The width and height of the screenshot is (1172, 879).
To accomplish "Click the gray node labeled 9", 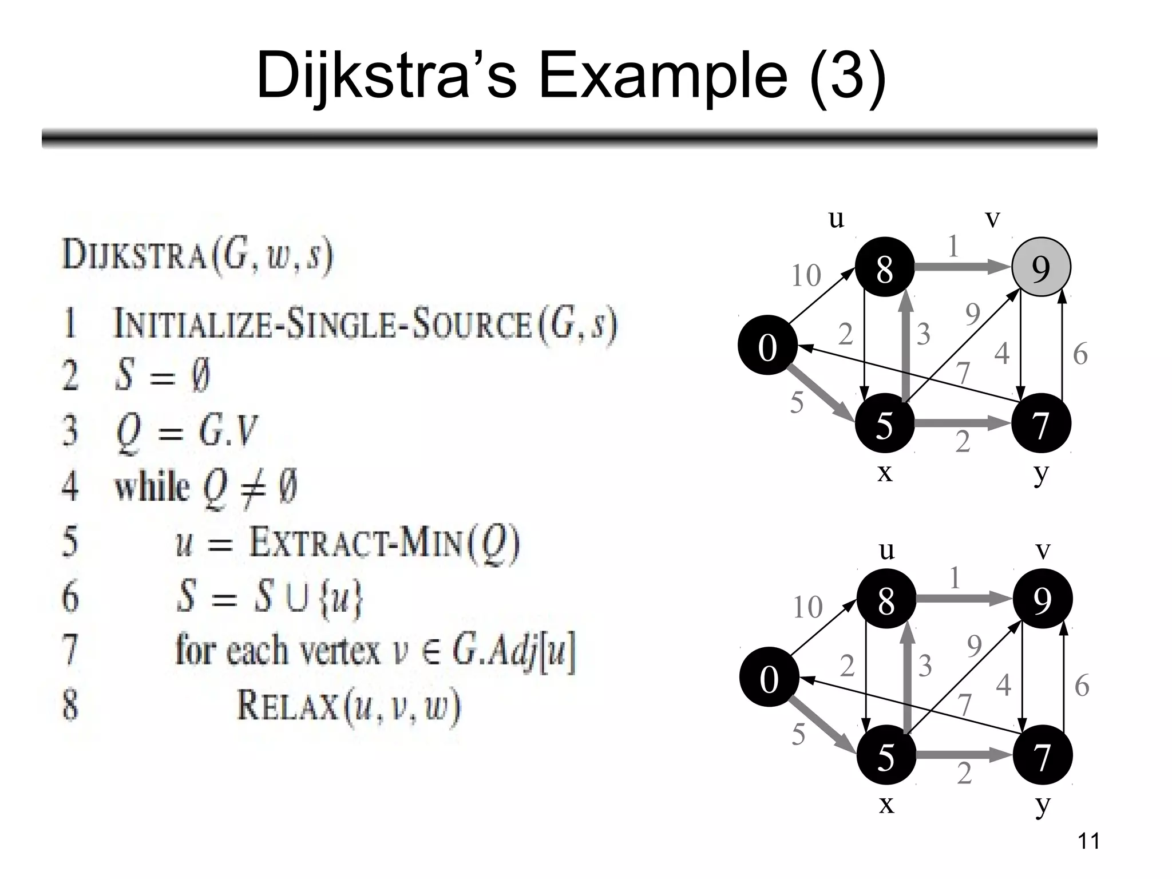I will point(1041,267).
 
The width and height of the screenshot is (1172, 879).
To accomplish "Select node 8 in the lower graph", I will point(886,599).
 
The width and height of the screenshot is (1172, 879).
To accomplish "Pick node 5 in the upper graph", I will point(885,423).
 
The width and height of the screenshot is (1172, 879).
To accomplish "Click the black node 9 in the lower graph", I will point(1042,599).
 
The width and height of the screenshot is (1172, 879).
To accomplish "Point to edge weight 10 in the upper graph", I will point(806,275).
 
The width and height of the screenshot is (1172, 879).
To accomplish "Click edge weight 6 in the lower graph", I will point(1081,685).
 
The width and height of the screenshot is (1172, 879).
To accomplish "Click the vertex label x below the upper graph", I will point(885,473).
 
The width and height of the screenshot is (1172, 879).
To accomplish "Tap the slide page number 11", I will point(1088,841).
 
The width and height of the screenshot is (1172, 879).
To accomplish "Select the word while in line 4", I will point(152,487).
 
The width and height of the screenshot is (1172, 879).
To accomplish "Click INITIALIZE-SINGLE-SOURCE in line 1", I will point(323,323).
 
